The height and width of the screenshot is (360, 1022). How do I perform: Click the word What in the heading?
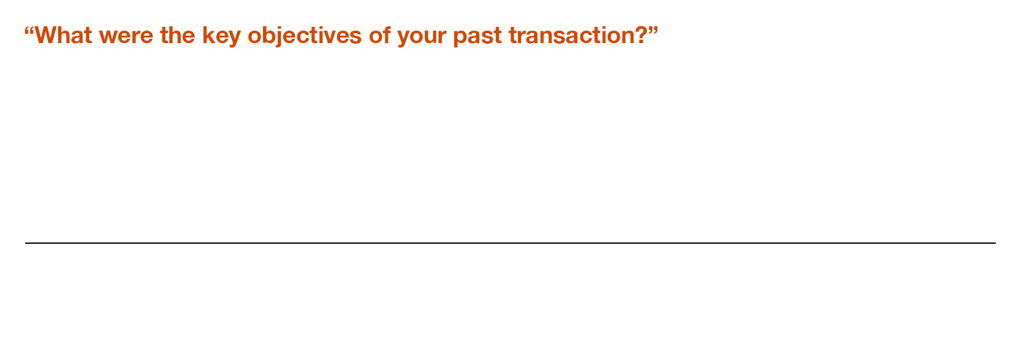coord(64,35)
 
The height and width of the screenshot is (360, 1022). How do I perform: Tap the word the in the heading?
coord(178,35)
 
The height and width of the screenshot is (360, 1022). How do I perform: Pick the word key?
coord(221,36)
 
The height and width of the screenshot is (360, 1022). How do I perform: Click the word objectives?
coord(305,36)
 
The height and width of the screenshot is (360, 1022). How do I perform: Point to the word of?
coord(380,35)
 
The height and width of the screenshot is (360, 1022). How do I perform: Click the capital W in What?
coord(47,35)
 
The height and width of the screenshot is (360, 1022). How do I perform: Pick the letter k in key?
coord(210,35)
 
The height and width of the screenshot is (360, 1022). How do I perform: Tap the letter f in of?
coord(387,35)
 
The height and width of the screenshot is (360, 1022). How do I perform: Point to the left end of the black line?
coord(25,243)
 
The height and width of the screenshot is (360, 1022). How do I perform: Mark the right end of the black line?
coord(996,243)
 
